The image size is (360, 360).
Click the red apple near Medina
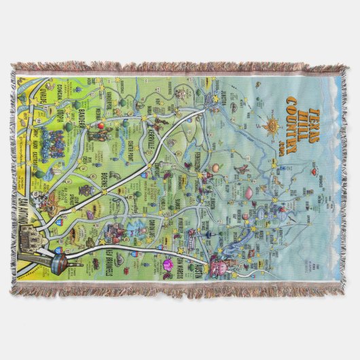coord(100,126)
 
